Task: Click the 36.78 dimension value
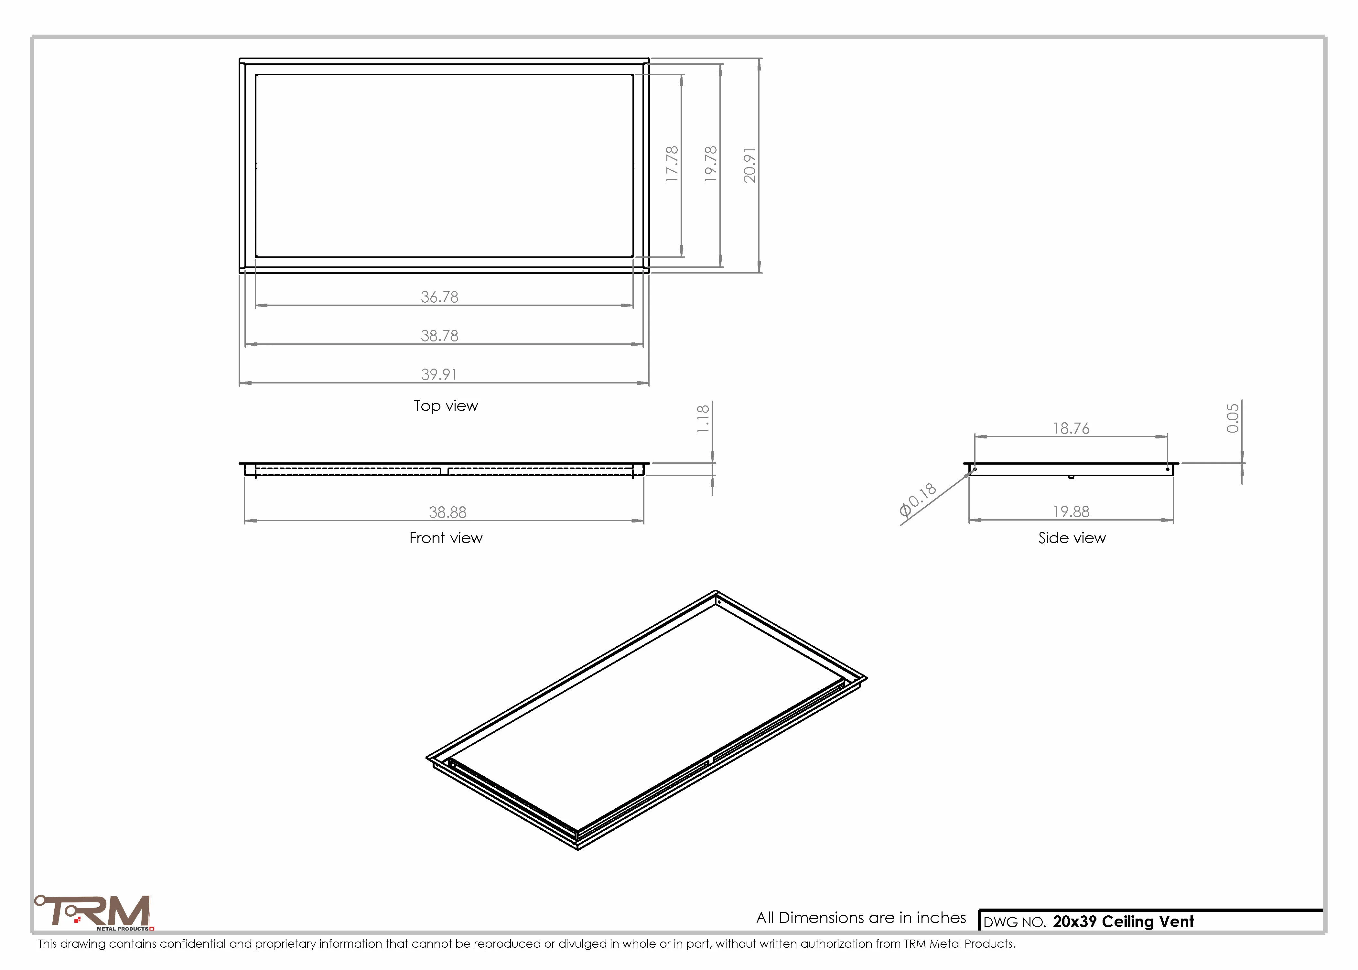point(439,297)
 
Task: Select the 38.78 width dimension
point(439,336)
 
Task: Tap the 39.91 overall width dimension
point(439,374)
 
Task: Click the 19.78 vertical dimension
point(711,164)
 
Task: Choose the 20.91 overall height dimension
point(749,165)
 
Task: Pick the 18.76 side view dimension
point(1071,428)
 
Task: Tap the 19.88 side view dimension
point(1071,512)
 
